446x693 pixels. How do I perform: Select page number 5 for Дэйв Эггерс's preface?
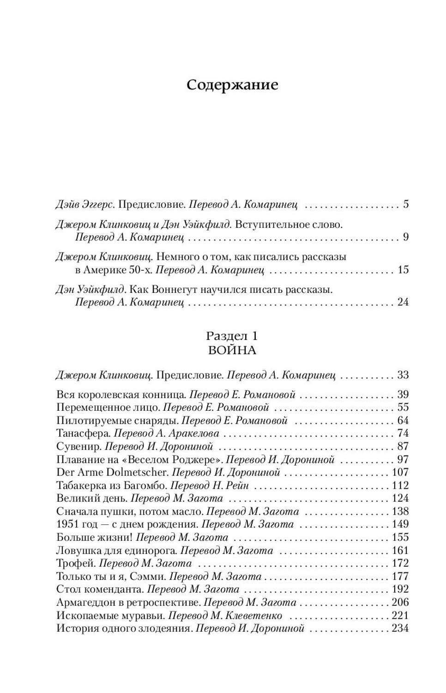coord(406,204)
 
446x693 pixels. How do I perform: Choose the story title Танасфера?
coord(83,434)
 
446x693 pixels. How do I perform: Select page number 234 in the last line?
coord(400,628)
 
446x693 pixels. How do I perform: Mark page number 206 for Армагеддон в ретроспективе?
coord(400,602)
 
